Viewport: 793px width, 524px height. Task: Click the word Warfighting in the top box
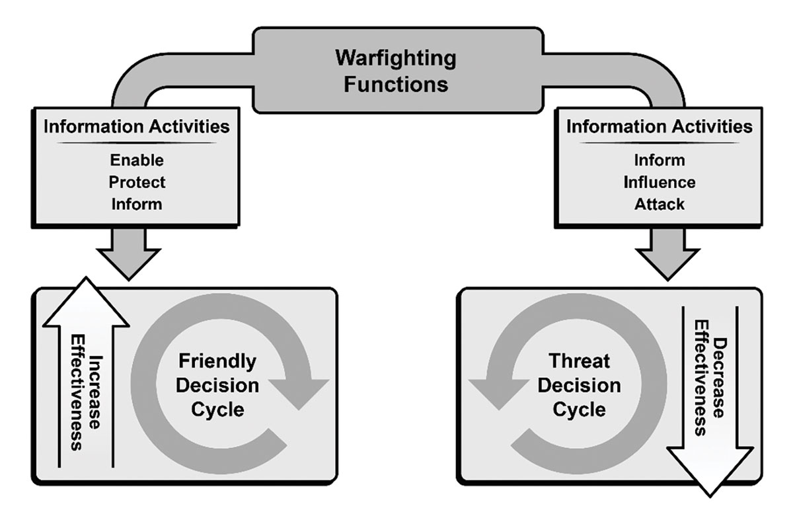click(396, 59)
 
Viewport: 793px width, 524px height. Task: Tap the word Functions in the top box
click(396, 85)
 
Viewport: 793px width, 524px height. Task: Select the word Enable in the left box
click(137, 160)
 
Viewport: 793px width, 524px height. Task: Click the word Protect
click(137, 182)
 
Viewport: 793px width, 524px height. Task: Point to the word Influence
click(660, 182)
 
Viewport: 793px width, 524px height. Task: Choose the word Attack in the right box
click(660, 204)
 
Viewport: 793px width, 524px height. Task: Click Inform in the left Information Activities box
click(137, 204)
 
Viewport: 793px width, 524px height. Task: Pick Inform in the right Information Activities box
click(660, 160)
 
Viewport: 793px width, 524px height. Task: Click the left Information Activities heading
click(137, 126)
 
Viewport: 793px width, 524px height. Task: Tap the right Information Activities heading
click(660, 126)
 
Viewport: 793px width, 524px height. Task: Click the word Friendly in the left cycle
click(217, 362)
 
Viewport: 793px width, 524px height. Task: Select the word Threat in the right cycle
click(579, 361)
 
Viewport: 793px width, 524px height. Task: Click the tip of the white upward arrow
click(86, 277)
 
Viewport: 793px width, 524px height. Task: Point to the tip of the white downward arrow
click(710, 497)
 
